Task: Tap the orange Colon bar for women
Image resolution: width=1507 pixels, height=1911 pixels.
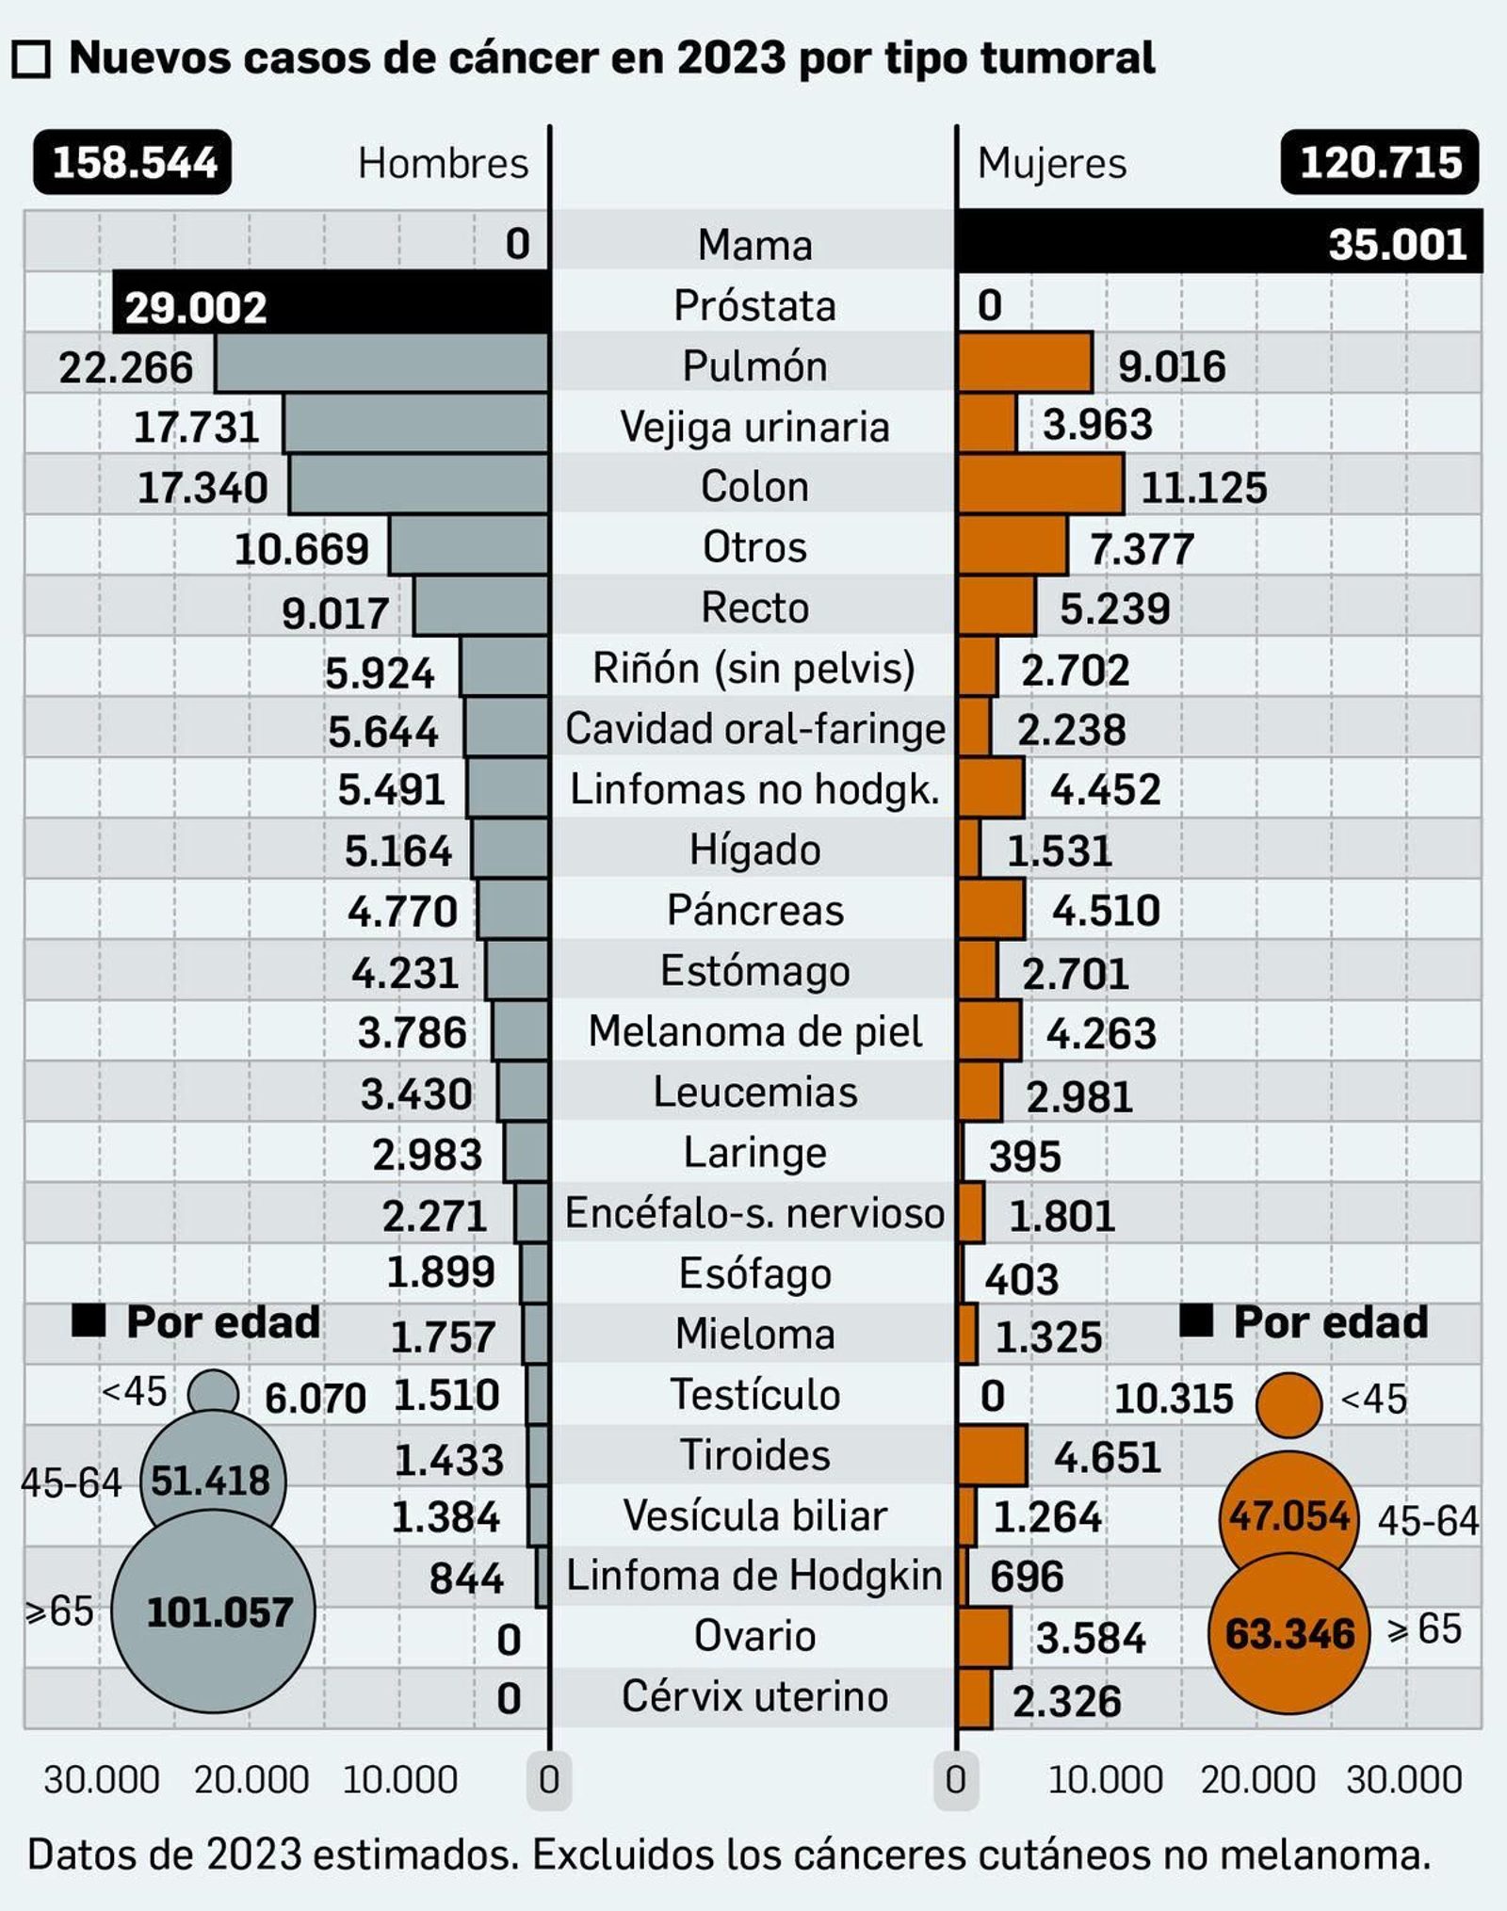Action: point(1041,485)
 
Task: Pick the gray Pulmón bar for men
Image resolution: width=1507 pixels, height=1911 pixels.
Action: point(381,364)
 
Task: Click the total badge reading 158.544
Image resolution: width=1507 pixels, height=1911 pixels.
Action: point(133,163)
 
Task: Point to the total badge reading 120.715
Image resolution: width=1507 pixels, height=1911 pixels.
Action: point(1379,163)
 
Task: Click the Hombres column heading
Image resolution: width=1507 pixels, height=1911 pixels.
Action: point(443,164)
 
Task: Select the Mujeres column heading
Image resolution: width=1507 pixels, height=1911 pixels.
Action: point(1051,164)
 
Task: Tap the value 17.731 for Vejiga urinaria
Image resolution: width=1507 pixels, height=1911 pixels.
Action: point(196,428)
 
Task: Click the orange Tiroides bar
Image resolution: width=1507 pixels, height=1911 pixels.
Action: point(993,1455)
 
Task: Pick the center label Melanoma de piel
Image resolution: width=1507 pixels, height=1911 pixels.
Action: point(754,1031)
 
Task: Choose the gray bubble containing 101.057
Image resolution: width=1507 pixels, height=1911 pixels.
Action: point(214,1611)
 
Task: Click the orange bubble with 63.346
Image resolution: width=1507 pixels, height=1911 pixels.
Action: point(1288,1633)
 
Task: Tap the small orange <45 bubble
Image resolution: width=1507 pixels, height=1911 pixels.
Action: point(1288,1404)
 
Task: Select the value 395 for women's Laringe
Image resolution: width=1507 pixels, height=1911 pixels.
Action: point(1025,1156)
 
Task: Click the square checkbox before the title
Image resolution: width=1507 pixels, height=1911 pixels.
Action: point(31,60)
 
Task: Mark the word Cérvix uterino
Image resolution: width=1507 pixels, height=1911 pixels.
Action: point(754,1696)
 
